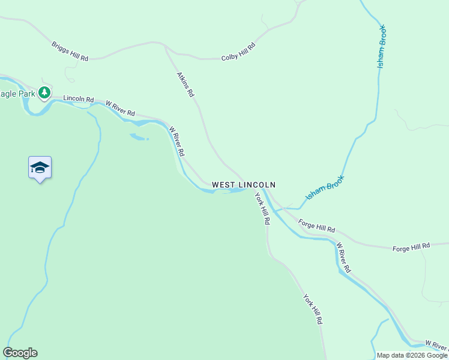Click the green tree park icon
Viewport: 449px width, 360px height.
[x=44, y=92]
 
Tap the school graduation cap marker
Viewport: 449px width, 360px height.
[x=40, y=167]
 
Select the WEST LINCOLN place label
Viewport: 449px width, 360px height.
[x=243, y=185]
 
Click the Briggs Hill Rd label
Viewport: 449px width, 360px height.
[x=70, y=51]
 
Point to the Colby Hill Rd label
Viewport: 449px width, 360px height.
[x=238, y=52]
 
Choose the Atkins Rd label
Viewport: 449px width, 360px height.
[x=185, y=85]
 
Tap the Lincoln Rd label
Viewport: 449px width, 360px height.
[x=79, y=99]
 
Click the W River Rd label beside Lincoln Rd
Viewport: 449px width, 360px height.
[x=121, y=109]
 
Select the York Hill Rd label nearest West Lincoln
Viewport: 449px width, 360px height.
[x=262, y=208]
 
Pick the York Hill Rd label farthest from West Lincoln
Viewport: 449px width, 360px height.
[x=313, y=309]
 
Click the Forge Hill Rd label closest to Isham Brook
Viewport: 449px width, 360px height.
[x=317, y=227]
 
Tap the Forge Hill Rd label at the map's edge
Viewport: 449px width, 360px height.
[x=411, y=247]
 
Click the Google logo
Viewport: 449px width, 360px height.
[x=20, y=353]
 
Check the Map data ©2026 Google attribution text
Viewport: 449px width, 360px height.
[x=412, y=355]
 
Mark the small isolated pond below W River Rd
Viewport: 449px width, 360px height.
[x=138, y=137]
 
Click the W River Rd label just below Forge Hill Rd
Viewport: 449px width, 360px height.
[x=343, y=257]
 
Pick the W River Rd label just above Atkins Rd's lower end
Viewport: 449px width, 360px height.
[x=177, y=141]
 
